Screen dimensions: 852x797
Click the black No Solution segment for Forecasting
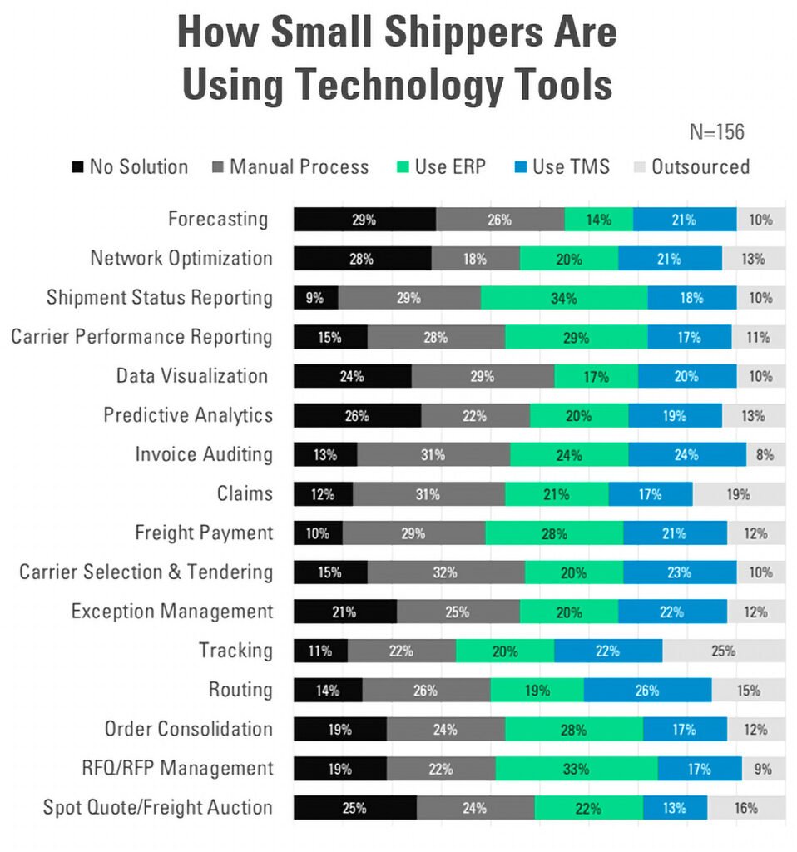364,220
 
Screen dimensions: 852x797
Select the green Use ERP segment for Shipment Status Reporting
563,298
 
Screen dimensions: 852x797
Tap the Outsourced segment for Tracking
723,651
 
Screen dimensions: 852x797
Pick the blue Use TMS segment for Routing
646,690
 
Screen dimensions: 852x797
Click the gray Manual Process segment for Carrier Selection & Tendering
445,572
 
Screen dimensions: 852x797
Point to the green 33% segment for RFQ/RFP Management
576,768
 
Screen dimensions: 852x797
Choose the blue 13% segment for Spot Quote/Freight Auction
674,807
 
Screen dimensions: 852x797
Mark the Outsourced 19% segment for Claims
738,494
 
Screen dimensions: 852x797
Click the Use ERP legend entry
441,166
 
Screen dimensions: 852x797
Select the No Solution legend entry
129,166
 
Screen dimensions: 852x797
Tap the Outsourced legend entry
691,166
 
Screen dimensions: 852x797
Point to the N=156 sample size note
716,131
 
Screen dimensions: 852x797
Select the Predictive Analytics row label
188,414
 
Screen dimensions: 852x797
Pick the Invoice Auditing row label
204,454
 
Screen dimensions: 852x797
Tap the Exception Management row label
172,612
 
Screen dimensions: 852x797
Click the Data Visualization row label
192,375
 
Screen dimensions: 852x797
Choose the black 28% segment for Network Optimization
362,259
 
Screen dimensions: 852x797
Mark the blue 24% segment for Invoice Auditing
686,454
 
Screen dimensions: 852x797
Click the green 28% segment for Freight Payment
553,533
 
